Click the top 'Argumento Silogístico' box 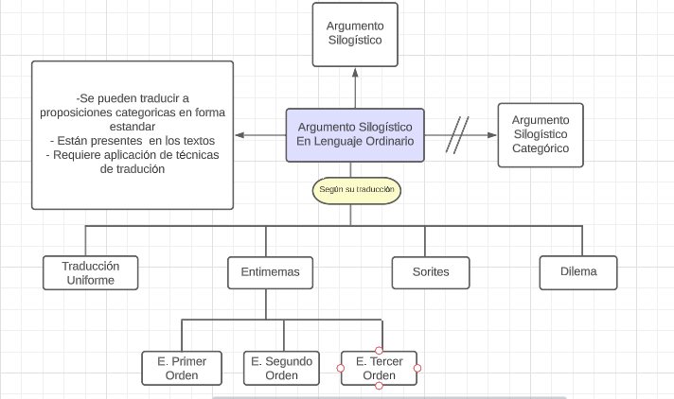(355, 34)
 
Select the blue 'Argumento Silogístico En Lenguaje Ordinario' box (355, 134)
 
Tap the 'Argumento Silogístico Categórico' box (540, 134)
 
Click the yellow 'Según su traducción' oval (356, 190)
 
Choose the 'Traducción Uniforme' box (90, 272)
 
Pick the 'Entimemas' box (266, 272)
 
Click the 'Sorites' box (431, 272)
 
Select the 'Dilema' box (577, 272)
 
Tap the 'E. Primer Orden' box (182, 369)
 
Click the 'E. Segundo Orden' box (281, 369)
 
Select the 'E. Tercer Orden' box (380, 369)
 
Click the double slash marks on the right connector (458, 134)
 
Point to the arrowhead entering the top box (355, 72)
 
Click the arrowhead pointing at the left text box (239, 134)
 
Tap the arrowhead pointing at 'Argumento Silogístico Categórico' (492, 134)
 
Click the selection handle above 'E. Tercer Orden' (380, 351)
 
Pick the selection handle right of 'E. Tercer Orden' (417, 369)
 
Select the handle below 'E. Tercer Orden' (380, 386)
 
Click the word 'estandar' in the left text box (133, 127)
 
